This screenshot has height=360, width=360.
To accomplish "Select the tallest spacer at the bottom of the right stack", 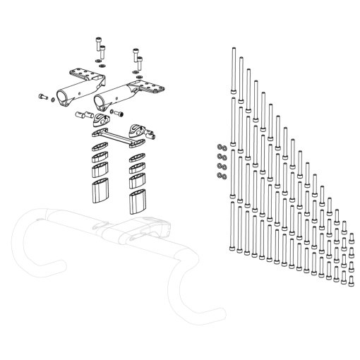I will pyautogui.click(x=137, y=200).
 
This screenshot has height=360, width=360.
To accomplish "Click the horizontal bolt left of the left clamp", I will pyautogui.click(x=42, y=95).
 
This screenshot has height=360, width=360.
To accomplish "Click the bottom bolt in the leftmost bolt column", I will pyautogui.click(x=233, y=226).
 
